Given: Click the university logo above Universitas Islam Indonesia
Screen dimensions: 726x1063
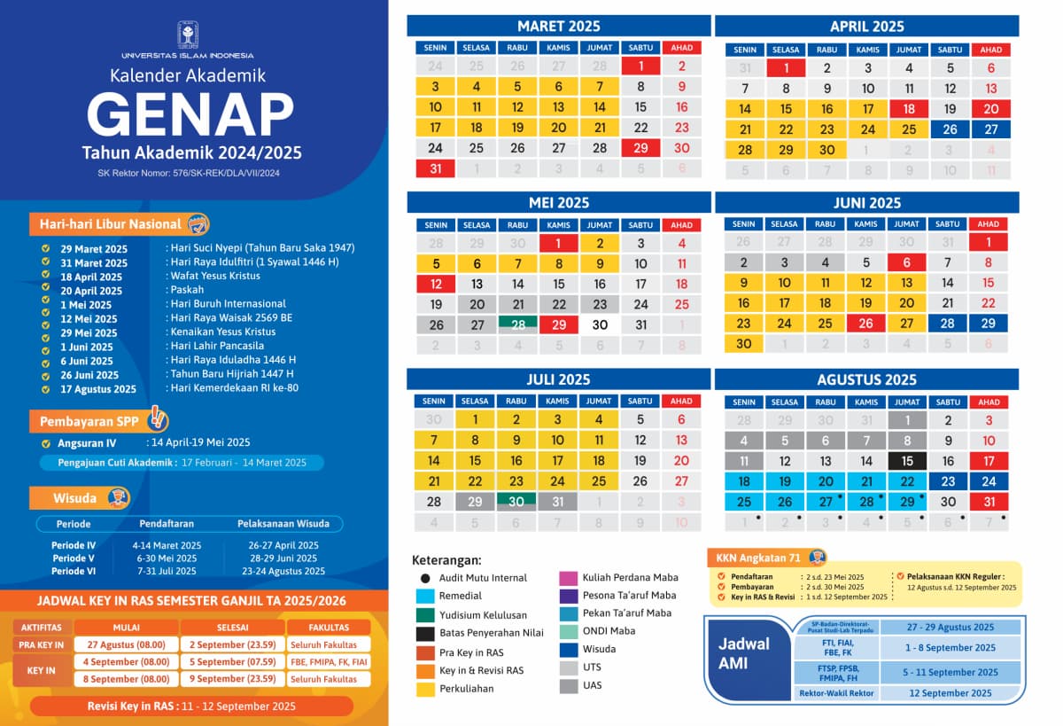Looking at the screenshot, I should pyautogui.click(x=188, y=35).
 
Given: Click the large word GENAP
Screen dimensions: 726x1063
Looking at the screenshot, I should pyautogui.click(x=190, y=114).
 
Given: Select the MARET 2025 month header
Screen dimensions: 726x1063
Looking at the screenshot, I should pyautogui.click(x=559, y=26).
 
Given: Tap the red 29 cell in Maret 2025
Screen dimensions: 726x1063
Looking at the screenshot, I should pyautogui.click(x=640, y=148).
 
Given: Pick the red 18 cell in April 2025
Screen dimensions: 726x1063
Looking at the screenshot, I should pyautogui.click(x=908, y=109).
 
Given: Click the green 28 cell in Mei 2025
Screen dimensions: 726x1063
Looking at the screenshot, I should pyautogui.click(x=518, y=324).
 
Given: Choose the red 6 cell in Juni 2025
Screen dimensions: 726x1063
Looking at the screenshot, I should pyautogui.click(x=906, y=262).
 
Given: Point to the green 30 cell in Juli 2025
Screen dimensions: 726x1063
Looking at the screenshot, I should pyautogui.click(x=516, y=502).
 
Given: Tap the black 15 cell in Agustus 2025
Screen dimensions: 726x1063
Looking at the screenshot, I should pyautogui.click(x=906, y=461).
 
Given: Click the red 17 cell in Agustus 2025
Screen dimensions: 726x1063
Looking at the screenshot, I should pyautogui.click(x=989, y=461).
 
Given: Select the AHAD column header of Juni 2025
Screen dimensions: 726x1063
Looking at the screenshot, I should pyautogui.click(x=989, y=224).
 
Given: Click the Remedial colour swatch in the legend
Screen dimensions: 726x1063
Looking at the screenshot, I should pyautogui.click(x=425, y=597).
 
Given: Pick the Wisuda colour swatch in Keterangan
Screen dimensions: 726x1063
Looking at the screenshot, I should pyautogui.click(x=569, y=649).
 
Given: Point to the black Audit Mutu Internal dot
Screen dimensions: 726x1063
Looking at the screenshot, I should pyautogui.click(x=425, y=578).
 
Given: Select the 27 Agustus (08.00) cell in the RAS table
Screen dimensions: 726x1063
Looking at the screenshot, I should pyautogui.click(x=126, y=644).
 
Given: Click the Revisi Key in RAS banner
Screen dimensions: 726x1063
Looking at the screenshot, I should pyautogui.click(x=191, y=706).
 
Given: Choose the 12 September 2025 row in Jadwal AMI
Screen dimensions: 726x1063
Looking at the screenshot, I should pyautogui.click(x=950, y=693).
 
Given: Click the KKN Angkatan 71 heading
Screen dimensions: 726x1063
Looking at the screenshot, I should pyautogui.click(x=760, y=558).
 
